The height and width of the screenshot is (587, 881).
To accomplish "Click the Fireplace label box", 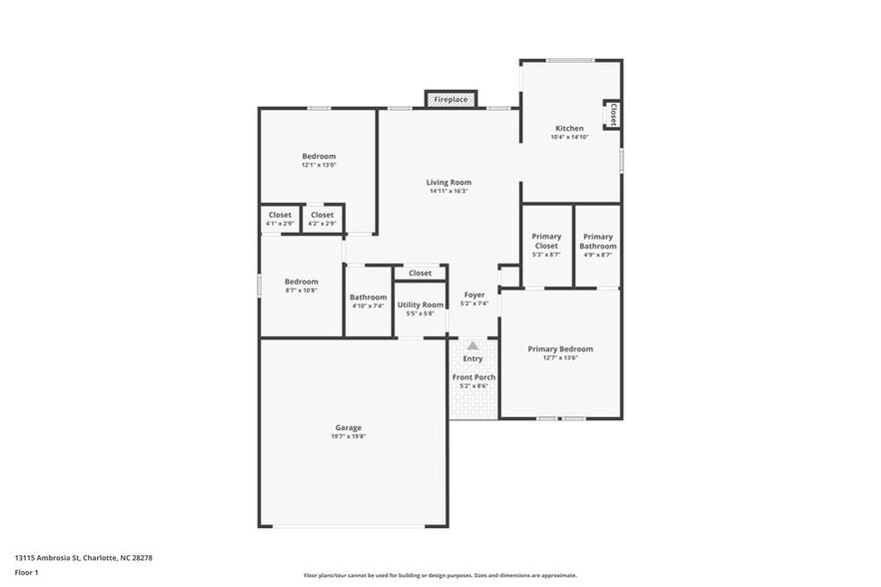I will point(450,100).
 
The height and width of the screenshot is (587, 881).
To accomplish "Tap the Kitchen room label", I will point(569,129).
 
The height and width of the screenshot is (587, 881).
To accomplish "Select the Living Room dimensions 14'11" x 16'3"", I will point(448,191).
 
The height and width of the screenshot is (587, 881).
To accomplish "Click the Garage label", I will point(348,428).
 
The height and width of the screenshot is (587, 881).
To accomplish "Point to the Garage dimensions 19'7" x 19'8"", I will point(348,437).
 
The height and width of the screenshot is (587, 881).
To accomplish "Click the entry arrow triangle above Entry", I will point(472,345).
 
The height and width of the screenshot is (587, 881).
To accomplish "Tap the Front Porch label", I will point(473,377).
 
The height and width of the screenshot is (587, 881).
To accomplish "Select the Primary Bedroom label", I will point(559,349).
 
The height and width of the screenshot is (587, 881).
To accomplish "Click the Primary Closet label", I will point(546,241).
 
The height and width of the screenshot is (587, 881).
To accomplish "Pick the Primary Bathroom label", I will point(597,241).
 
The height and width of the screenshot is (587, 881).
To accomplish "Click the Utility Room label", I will point(420,304).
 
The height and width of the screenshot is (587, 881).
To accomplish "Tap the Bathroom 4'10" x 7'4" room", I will point(368,300).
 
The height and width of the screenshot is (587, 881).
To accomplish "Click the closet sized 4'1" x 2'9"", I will point(280,219).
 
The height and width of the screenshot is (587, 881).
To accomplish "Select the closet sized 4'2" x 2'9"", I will point(322,219).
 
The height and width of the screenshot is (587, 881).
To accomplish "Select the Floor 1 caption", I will point(26,572).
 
